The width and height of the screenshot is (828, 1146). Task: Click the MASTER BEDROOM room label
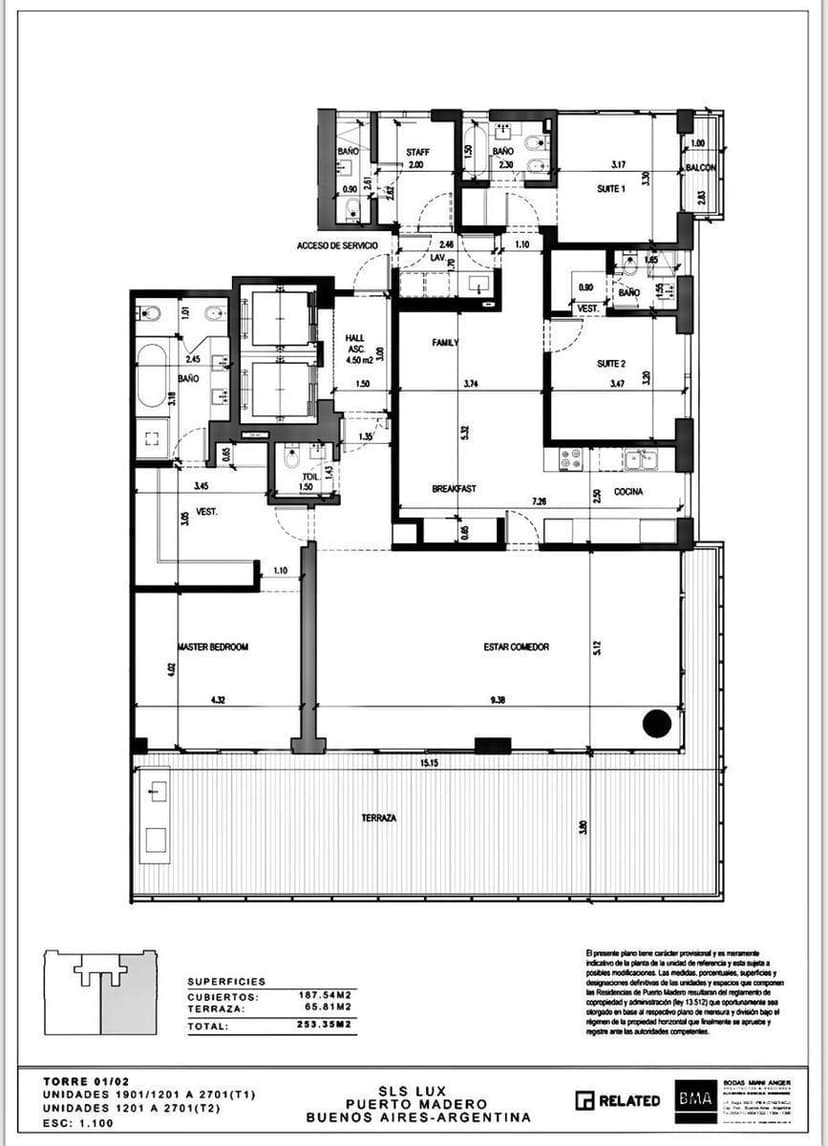[x=212, y=647]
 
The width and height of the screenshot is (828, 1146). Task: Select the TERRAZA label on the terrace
[x=379, y=818]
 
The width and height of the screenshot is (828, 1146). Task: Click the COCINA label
[x=628, y=492]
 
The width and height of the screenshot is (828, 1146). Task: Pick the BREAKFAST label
[x=452, y=489]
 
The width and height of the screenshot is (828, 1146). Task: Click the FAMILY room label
[x=444, y=342]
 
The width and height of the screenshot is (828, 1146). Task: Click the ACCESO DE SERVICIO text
[x=337, y=245]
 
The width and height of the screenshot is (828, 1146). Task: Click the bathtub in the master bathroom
[x=151, y=377]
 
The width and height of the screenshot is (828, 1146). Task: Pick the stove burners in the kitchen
[x=572, y=460]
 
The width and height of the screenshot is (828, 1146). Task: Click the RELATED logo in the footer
[x=618, y=1100]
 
